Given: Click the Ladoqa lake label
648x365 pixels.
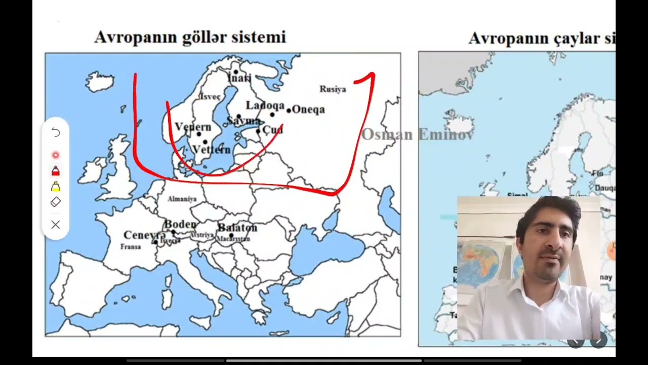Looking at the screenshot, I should tap(265, 105).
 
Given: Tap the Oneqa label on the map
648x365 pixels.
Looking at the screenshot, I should tap(308, 109).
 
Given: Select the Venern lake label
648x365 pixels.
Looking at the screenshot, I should tap(193, 127).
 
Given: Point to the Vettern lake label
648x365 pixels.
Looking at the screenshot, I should tap(212, 150).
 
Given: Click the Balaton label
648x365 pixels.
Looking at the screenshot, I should tap(237, 228).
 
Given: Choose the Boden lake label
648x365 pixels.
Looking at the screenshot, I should tap(180, 224).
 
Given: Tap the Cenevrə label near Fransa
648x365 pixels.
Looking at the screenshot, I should tap(144, 235).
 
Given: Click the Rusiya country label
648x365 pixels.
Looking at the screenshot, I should tap(333, 89).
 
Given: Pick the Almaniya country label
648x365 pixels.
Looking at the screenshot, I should tap(182, 199).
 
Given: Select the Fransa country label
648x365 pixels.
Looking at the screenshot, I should tap(131, 246).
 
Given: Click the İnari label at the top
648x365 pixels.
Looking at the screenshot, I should tap(239, 78).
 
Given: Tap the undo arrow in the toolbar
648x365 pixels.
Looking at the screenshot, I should tap(56, 133).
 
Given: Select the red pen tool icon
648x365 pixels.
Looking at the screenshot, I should tap(56, 171).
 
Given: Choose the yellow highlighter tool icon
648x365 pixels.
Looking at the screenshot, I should tap(56, 187).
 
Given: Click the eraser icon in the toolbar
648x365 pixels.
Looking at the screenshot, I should tap(56, 202).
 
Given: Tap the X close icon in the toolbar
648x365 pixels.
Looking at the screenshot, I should tap(56, 225).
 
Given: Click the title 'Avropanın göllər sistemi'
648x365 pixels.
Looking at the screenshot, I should tap(190, 37).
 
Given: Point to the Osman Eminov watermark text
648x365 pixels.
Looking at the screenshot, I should tap(417, 134).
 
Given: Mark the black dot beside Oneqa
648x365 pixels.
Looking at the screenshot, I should tap(289, 110).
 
